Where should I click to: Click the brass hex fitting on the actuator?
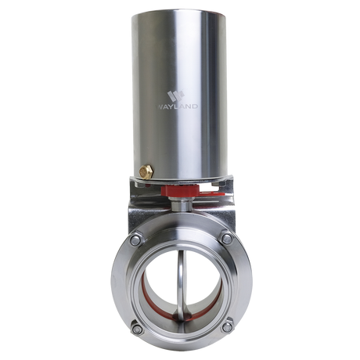(146, 171)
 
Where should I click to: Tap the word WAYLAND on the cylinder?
(177, 106)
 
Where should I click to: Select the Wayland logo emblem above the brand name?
(176, 96)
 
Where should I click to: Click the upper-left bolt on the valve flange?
(135, 240)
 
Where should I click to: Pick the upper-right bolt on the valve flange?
(227, 239)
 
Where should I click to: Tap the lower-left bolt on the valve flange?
(137, 329)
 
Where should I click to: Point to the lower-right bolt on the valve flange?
(227, 327)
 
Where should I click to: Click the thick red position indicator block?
(180, 190)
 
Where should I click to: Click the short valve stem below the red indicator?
(182, 204)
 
